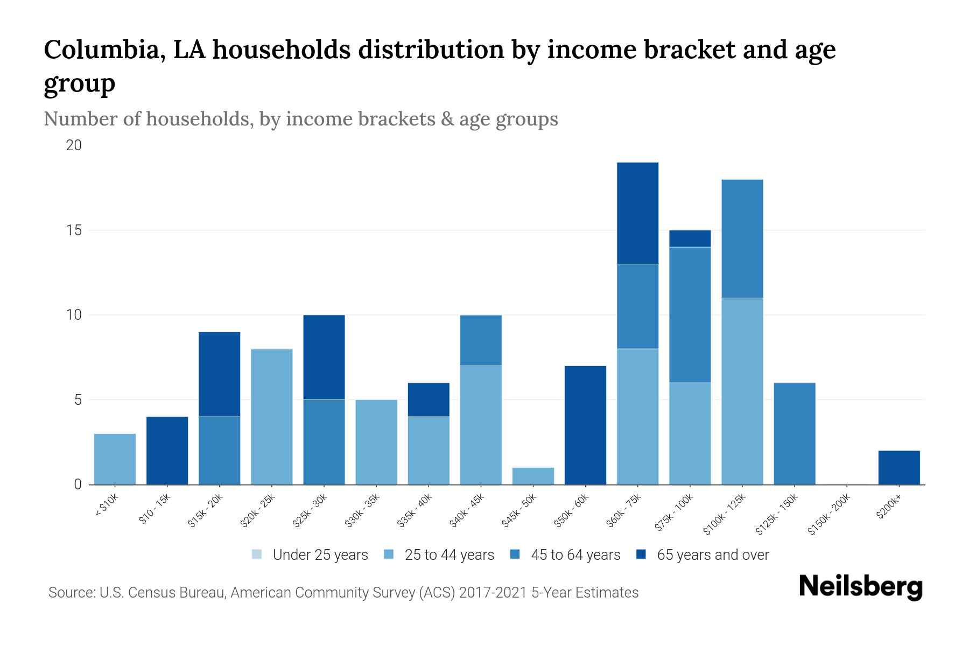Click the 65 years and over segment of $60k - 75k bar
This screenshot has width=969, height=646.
[x=637, y=213]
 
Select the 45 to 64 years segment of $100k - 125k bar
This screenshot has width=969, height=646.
[x=742, y=238]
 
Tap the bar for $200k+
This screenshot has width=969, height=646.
[x=898, y=467]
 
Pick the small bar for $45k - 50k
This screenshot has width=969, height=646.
[x=533, y=476]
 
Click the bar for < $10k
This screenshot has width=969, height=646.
[x=115, y=459]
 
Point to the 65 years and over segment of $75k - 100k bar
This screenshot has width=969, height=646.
[x=690, y=238]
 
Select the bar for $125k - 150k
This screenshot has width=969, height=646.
[x=794, y=433]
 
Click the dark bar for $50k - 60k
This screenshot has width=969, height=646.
[x=585, y=425]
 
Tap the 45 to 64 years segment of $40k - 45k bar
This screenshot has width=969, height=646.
[x=481, y=340]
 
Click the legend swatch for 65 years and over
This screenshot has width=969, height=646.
[x=641, y=554]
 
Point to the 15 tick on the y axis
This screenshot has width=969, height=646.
[x=74, y=230]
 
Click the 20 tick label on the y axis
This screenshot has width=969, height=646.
[x=74, y=145]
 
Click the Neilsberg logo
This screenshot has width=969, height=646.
[x=860, y=587]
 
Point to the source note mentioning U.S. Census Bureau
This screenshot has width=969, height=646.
[x=343, y=593]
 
